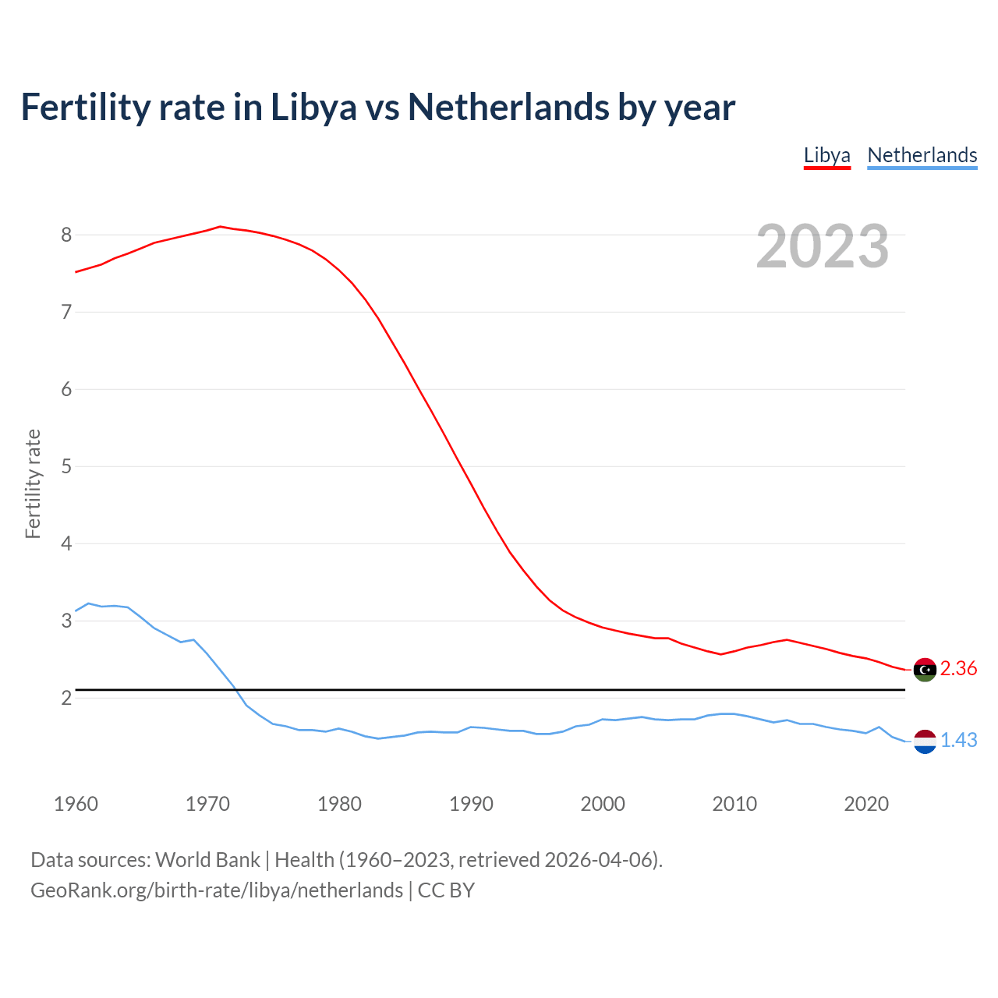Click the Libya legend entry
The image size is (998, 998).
coord(826,155)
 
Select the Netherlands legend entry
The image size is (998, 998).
coord(922,155)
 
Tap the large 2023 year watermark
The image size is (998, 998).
coord(822,246)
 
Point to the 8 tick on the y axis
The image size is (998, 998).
coord(66,235)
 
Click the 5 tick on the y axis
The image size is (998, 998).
coord(66,466)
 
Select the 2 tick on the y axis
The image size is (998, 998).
coord(66,698)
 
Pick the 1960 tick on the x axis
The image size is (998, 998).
coord(76,804)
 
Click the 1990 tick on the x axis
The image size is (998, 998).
coord(471,804)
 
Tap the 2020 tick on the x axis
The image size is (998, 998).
coord(866,804)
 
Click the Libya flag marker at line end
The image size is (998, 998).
coord(925,669)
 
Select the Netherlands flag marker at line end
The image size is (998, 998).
coord(925,741)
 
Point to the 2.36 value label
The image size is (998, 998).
coord(958,669)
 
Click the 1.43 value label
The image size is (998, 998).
coord(958,741)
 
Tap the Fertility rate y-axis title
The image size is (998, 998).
coord(33,483)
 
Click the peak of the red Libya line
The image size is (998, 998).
coord(220,226)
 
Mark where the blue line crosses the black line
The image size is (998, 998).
coord(235,690)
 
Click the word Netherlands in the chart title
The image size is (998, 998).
coord(508,108)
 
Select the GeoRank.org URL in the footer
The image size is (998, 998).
coord(217,890)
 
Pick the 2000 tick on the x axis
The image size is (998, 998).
coord(603,804)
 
